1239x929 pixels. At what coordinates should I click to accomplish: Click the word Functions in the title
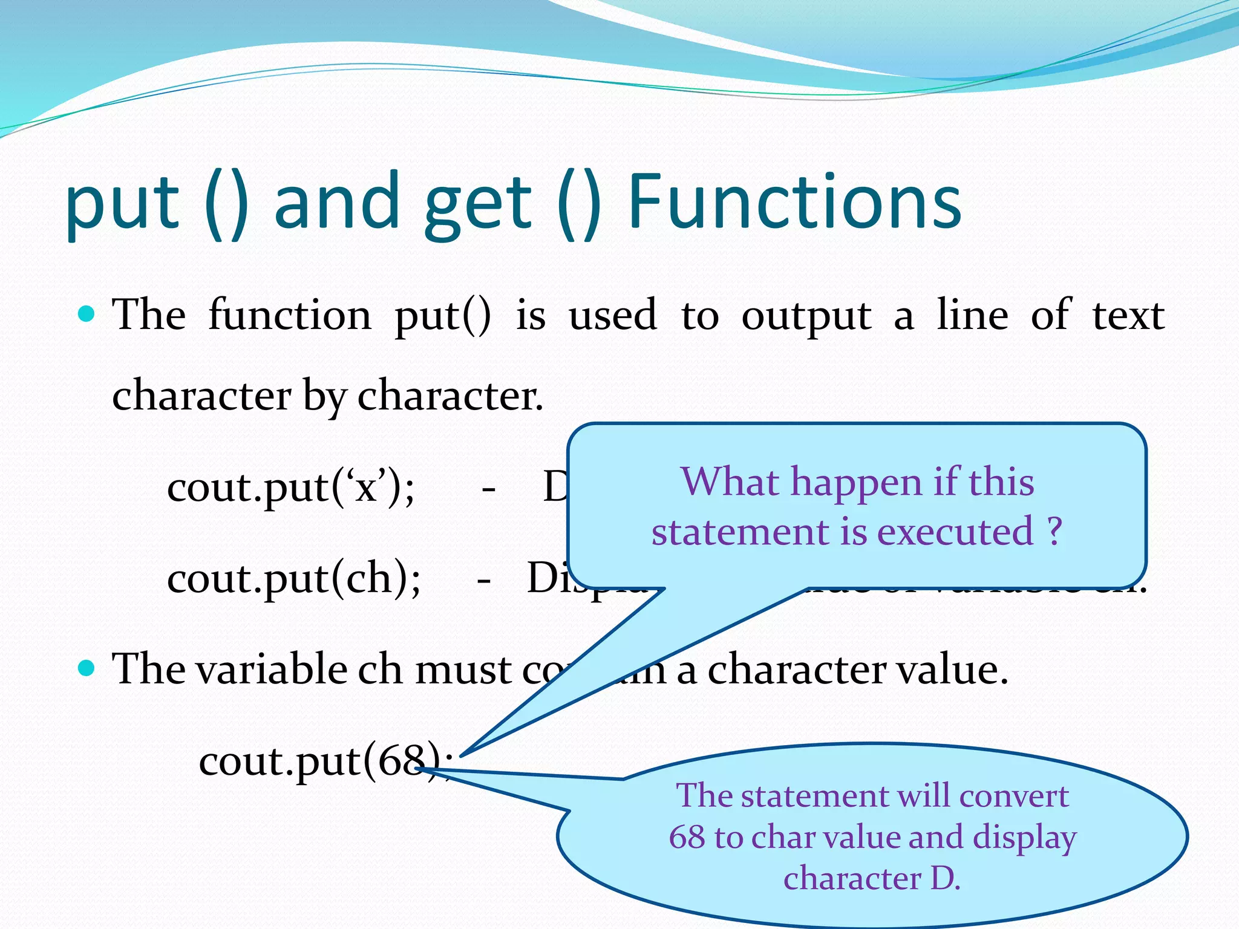(794, 203)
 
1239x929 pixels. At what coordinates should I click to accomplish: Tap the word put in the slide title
(122, 206)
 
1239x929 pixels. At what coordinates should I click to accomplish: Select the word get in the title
(478, 206)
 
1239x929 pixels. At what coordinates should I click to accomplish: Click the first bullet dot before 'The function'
(88, 314)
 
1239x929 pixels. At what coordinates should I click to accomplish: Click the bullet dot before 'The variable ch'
(88, 668)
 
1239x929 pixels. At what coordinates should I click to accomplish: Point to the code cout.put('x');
(291, 487)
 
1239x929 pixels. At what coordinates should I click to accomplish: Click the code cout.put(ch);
(293, 578)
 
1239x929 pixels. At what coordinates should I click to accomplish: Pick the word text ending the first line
(1128, 316)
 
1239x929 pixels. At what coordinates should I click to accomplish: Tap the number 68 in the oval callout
(687, 837)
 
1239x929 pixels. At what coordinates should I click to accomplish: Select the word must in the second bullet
(463, 670)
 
